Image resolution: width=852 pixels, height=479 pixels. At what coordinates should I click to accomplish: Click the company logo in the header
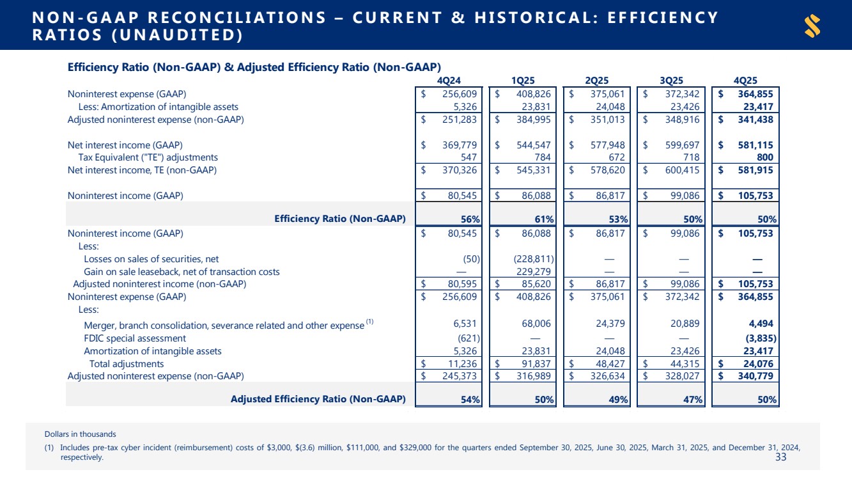click(812, 26)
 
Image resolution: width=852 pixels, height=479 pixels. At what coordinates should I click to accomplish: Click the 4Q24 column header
click(450, 81)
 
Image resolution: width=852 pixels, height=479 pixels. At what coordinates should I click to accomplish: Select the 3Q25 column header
click(671, 81)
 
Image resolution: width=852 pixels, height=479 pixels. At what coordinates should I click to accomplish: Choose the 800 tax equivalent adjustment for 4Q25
click(765, 157)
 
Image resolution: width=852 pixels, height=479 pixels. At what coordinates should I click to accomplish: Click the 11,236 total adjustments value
click(465, 364)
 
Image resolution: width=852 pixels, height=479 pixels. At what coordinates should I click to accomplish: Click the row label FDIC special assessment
click(135, 338)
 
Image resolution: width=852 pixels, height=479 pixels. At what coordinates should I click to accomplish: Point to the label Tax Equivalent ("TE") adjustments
click(148, 157)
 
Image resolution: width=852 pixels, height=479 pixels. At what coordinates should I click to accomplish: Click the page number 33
click(780, 457)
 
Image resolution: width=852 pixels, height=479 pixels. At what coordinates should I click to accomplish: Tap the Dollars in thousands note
click(81, 434)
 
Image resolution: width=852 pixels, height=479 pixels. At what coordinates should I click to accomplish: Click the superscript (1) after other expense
click(369, 322)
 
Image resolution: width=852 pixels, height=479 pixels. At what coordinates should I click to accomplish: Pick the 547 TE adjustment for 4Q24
click(470, 157)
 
